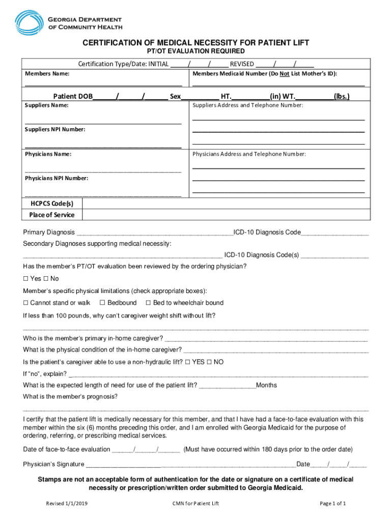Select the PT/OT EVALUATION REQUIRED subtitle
(x=196, y=51)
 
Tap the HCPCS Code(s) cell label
(x=52, y=204)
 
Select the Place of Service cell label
(x=52, y=215)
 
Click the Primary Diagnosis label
(x=49, y=233)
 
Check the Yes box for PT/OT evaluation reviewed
(x=26, y=279)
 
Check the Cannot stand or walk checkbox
(x=26, y=303)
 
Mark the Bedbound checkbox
(x=102, y=303)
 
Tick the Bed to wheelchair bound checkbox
(x=148, y=303)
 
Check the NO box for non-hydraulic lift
(x=209, y=362)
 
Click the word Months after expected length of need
(x=266, y=385)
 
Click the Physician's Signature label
(x=53, y=464)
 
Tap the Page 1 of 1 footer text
(x=332, y=504)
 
